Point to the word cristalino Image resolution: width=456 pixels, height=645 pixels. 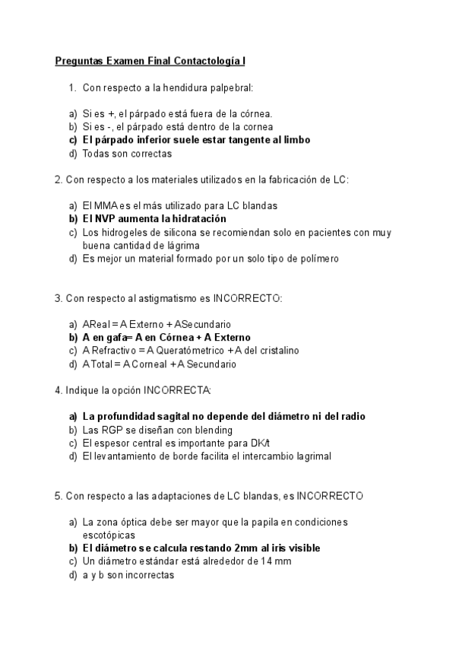pyautogui.click(x=276, y=351)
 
